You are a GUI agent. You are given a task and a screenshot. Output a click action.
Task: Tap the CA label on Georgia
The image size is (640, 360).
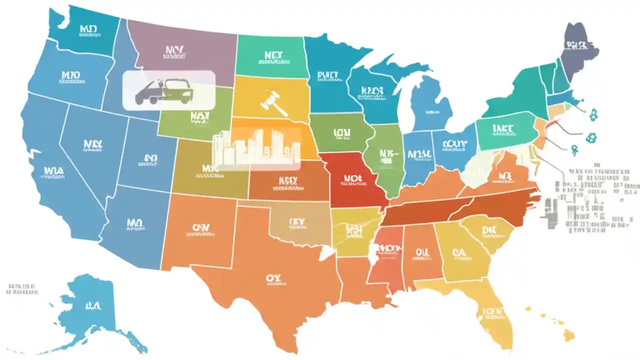[459, 253]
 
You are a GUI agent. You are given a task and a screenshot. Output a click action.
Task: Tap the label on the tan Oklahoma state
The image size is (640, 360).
[296, 221]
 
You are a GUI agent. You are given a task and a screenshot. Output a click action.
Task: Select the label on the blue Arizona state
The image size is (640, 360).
[134, 222]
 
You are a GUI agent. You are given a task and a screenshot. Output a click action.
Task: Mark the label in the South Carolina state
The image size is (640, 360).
[489, 230]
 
